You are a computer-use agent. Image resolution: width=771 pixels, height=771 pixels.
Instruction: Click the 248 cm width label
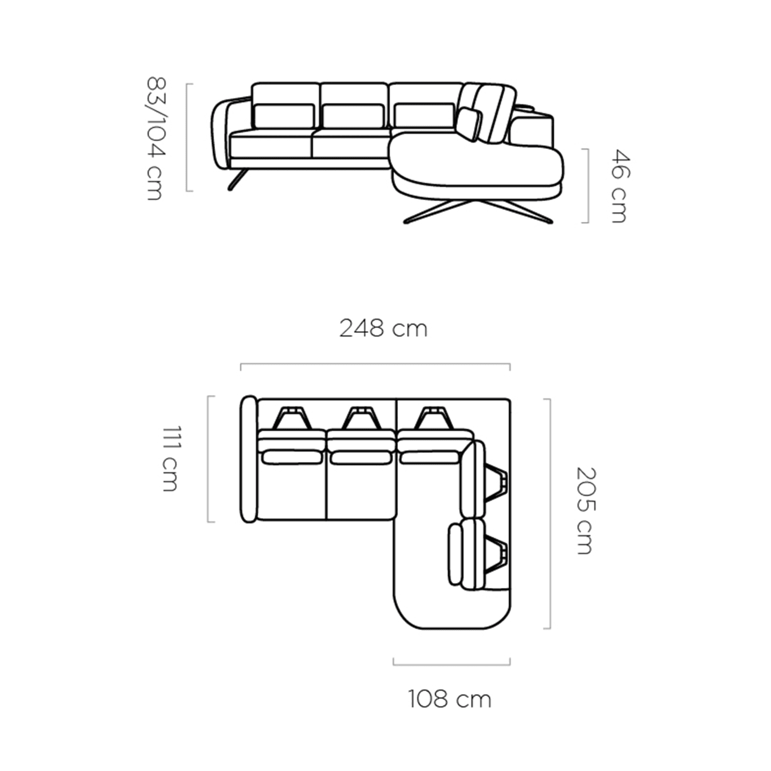(383, 329)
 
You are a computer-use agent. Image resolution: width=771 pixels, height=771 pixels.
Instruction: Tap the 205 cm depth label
(586, 511)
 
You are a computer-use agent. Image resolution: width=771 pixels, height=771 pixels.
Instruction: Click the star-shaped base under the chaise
(478, 211)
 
